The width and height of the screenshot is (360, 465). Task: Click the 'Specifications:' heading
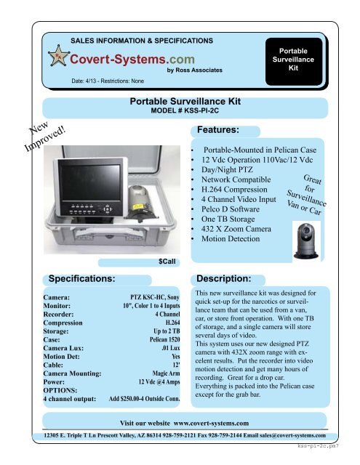(x=79, y=278)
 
